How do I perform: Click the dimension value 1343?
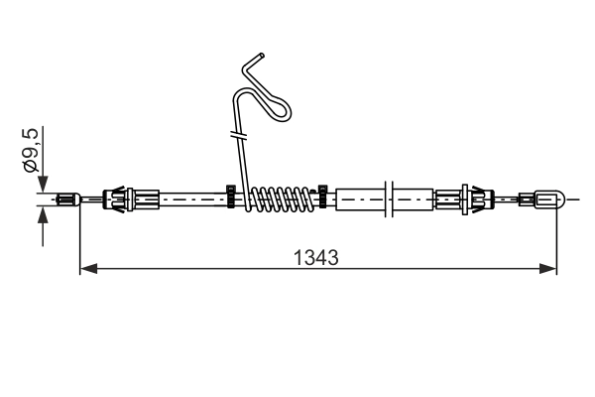(315, 258)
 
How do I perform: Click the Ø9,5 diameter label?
(30, 151)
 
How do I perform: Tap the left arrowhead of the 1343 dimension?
(88, 269)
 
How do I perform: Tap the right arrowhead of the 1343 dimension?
(548, 269)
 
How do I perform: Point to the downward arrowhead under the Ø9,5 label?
(43, 185)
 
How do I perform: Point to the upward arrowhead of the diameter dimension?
(43, 214)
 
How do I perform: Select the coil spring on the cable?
(282, 199)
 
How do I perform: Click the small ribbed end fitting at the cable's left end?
(68, 199)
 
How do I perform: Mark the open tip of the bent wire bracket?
(262, 56)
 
